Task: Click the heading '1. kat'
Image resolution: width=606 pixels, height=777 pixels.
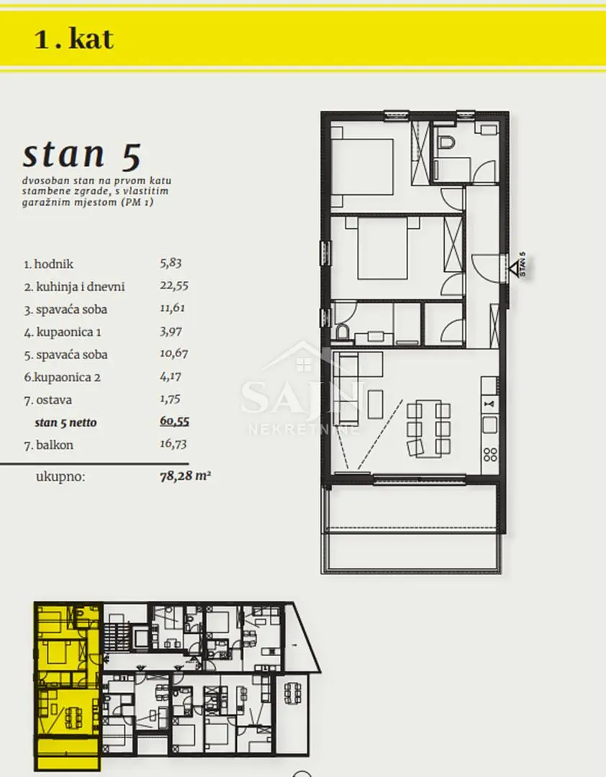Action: (x=74, y=39)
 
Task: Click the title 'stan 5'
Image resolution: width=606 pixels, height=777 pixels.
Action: (x=82, y=155)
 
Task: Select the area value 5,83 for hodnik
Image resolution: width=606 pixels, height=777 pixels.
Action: (x=171, y=263)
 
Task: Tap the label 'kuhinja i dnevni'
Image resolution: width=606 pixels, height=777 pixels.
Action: (x=81, y=286)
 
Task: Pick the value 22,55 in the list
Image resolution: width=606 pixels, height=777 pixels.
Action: (x=174, y=286)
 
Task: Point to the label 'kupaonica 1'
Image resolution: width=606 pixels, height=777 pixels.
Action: (x=68, y=332)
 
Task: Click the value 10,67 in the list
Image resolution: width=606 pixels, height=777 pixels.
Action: (x=173, y=354)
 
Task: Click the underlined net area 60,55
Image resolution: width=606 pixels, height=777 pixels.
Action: (x=175, y=421)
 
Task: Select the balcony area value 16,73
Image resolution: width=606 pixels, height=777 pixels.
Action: (x=173, y=444)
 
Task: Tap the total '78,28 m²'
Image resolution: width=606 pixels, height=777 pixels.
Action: (x=185, y=477)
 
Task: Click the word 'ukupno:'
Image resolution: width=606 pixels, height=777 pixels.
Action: (x=60, y=477)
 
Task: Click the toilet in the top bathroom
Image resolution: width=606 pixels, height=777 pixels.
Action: (x=446, y=141)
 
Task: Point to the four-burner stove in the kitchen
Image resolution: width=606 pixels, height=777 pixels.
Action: (x=490, y=455)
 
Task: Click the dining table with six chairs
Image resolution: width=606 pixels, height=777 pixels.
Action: (x=428, y=429)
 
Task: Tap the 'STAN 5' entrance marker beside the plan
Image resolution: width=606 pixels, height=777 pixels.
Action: (x=519, y=265)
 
